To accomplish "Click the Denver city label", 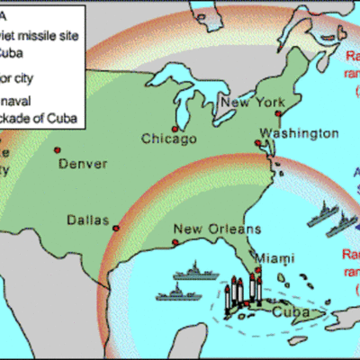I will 84,165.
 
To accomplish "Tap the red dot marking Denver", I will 57,149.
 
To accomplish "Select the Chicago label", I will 168,139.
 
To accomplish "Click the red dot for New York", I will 278,114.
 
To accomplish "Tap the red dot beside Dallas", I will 115,230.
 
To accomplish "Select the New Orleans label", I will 210,228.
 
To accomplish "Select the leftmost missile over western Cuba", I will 236,290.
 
